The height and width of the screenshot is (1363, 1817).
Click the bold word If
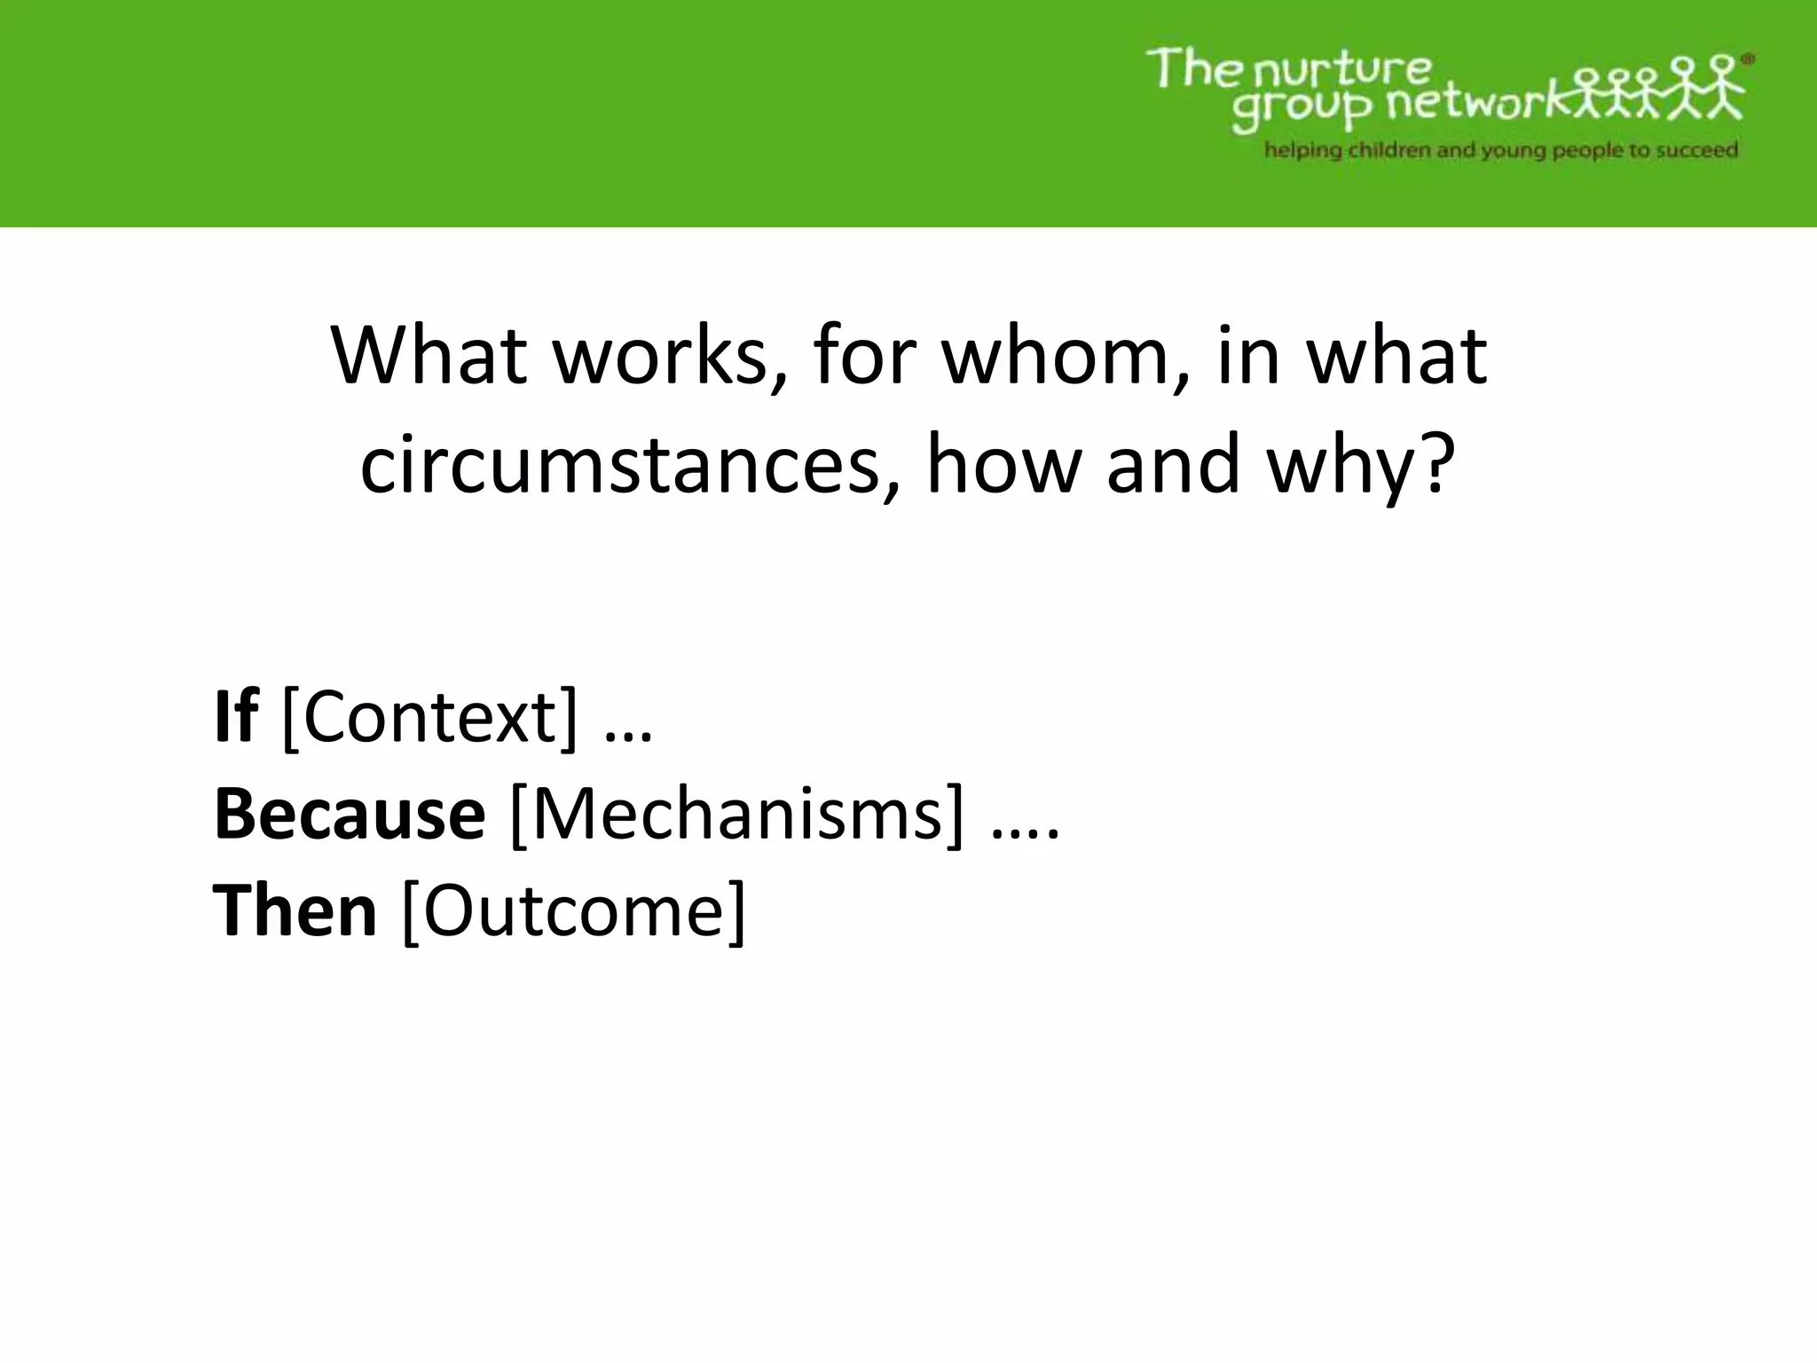pyautogui.click(x=236, y=717)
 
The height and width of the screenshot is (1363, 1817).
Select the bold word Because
pyautogui.click(x=350, y=815)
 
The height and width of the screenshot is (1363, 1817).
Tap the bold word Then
pyautogui.click(x=295, y=911)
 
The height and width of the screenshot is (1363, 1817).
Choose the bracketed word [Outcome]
pyautogui.click(x=574, y=911)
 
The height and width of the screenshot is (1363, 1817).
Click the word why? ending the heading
pyautogui.click(x=1362, y=466)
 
